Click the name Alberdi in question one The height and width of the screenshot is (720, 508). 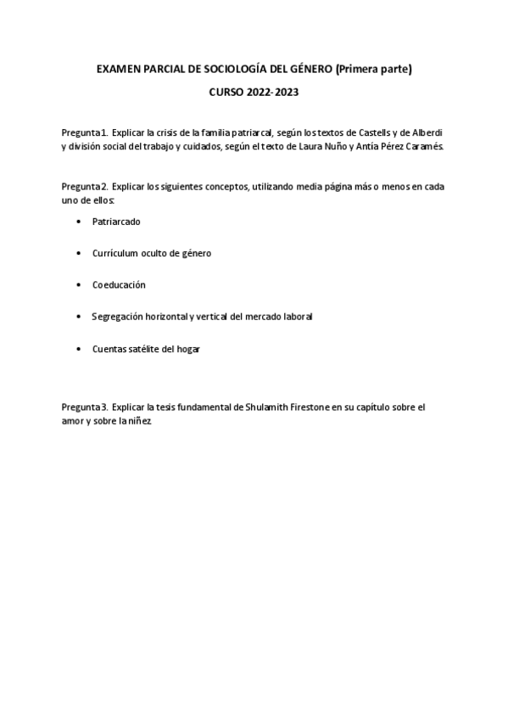point(427,133)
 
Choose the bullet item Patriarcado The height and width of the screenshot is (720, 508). point(116,221)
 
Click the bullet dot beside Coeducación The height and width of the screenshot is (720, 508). point(79,285)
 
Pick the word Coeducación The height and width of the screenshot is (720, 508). point(119,285)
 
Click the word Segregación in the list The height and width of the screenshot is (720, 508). point(119,317)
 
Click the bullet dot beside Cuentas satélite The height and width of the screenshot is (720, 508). point(79,349)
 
